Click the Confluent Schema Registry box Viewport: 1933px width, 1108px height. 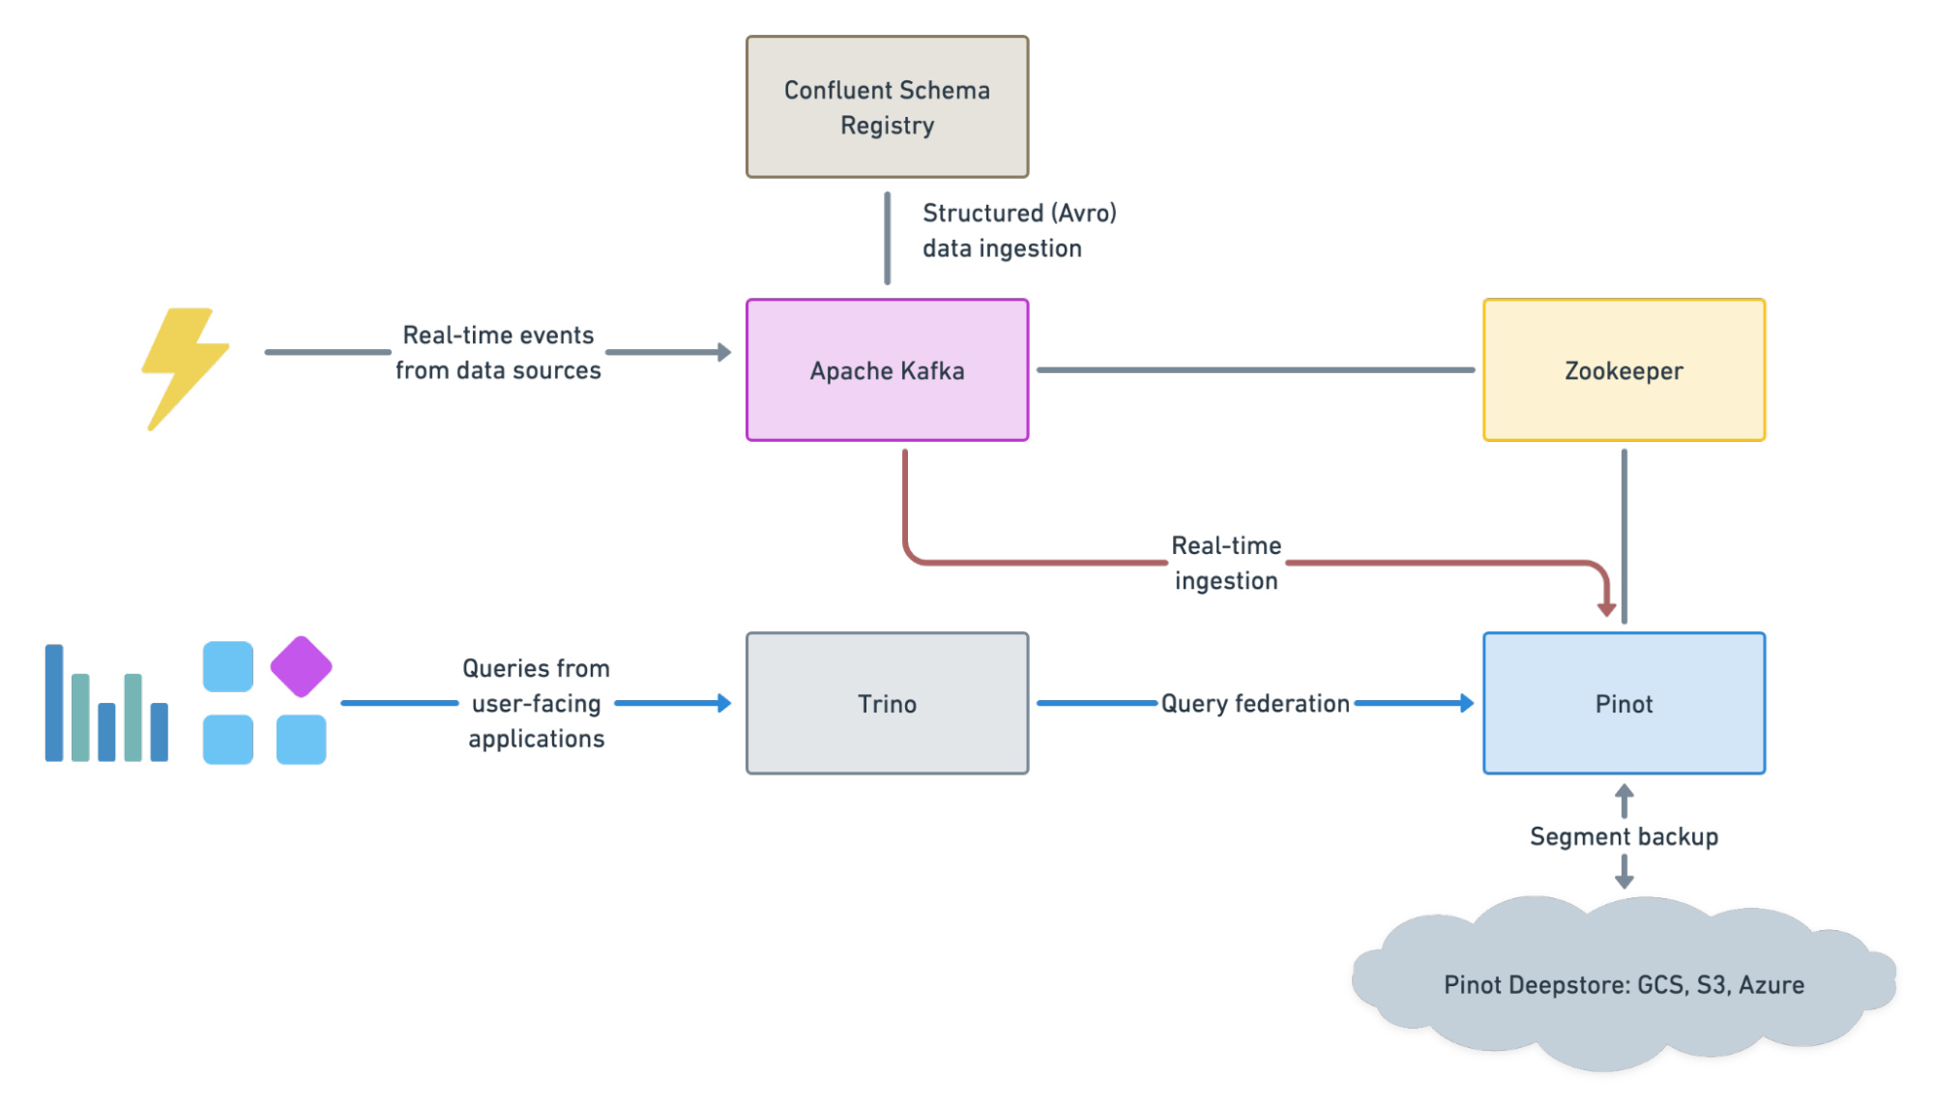887,106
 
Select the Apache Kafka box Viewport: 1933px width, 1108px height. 887,370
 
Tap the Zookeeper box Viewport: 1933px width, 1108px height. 1624,370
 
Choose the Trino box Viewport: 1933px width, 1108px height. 887,703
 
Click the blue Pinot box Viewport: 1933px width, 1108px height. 1624,703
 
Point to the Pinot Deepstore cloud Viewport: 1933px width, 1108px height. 1624,984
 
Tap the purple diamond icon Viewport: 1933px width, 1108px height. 301,666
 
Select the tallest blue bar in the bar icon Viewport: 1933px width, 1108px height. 54,703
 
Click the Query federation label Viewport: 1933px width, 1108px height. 1255,703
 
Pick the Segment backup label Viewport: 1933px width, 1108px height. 1624,836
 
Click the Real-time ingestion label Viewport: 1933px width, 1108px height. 1226,563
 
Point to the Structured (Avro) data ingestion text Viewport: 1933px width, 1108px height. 1018,230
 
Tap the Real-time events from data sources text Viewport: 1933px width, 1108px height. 498,353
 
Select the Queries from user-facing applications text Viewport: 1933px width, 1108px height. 537,703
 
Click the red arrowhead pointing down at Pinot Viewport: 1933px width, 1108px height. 1606,609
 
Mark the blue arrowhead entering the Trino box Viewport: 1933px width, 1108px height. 724,703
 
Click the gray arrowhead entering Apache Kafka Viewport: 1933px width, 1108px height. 724,352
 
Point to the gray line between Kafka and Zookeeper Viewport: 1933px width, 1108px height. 1255,369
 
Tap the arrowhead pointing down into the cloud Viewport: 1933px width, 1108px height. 1625,881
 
